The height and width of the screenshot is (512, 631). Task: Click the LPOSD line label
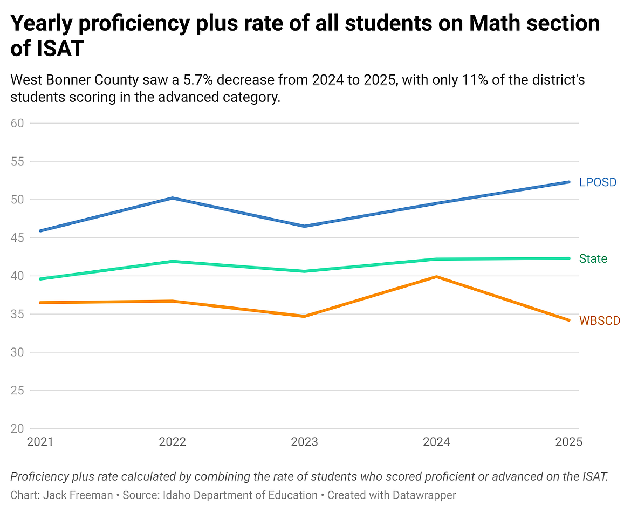598,182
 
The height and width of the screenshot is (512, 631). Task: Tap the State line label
593,259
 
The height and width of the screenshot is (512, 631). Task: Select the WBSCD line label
599,321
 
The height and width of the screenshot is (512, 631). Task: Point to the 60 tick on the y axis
18,123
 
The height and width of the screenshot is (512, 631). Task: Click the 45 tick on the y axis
18,238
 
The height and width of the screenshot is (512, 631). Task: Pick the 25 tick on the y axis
18,391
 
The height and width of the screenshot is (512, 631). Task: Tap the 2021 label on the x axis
40,442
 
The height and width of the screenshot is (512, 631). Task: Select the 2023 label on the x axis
304,442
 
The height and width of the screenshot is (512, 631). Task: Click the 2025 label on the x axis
568,442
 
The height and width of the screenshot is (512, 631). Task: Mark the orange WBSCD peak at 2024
436,277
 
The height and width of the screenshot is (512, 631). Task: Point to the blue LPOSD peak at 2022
172,198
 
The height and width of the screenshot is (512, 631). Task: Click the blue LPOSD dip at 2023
304,226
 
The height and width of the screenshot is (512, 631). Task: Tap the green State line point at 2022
172,262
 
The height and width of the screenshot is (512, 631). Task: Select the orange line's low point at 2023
304,316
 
